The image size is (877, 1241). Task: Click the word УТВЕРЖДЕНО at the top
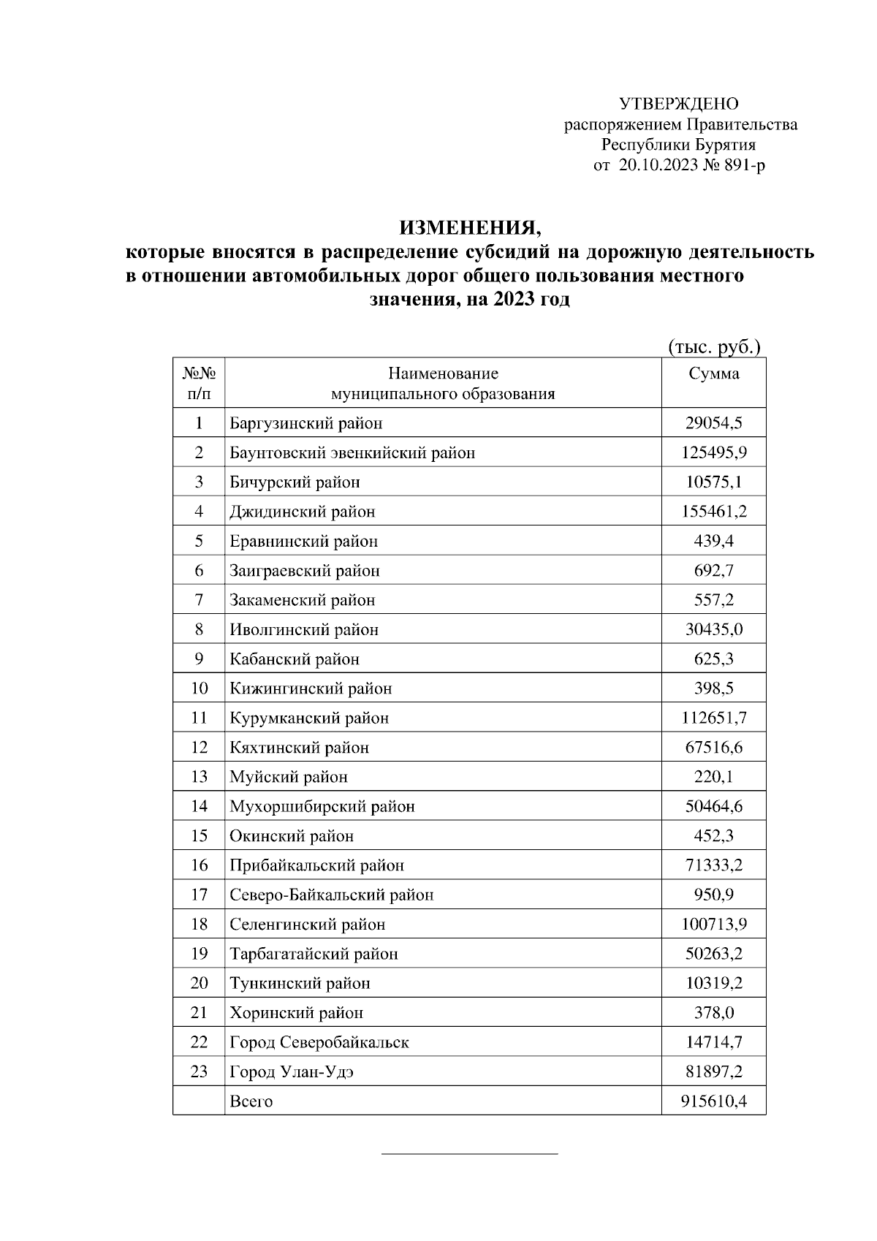679,104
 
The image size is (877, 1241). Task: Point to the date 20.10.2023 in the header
657,166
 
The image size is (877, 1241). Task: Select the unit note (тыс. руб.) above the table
714,346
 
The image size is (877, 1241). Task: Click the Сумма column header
713,374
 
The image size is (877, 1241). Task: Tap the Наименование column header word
443,374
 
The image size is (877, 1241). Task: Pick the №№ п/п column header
199,384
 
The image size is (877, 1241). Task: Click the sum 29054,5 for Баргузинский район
713,423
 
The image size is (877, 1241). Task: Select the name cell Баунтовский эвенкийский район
352,453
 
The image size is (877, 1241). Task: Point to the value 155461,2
713,512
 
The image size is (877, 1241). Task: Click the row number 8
199,629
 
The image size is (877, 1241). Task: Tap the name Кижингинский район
311,688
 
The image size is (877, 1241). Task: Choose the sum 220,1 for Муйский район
713,777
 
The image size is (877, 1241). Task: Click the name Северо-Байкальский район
331,895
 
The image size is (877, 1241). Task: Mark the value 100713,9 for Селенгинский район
713,925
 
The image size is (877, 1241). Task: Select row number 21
199,1013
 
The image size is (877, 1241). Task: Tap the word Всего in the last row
251,1101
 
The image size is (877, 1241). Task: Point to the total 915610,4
713,1101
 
